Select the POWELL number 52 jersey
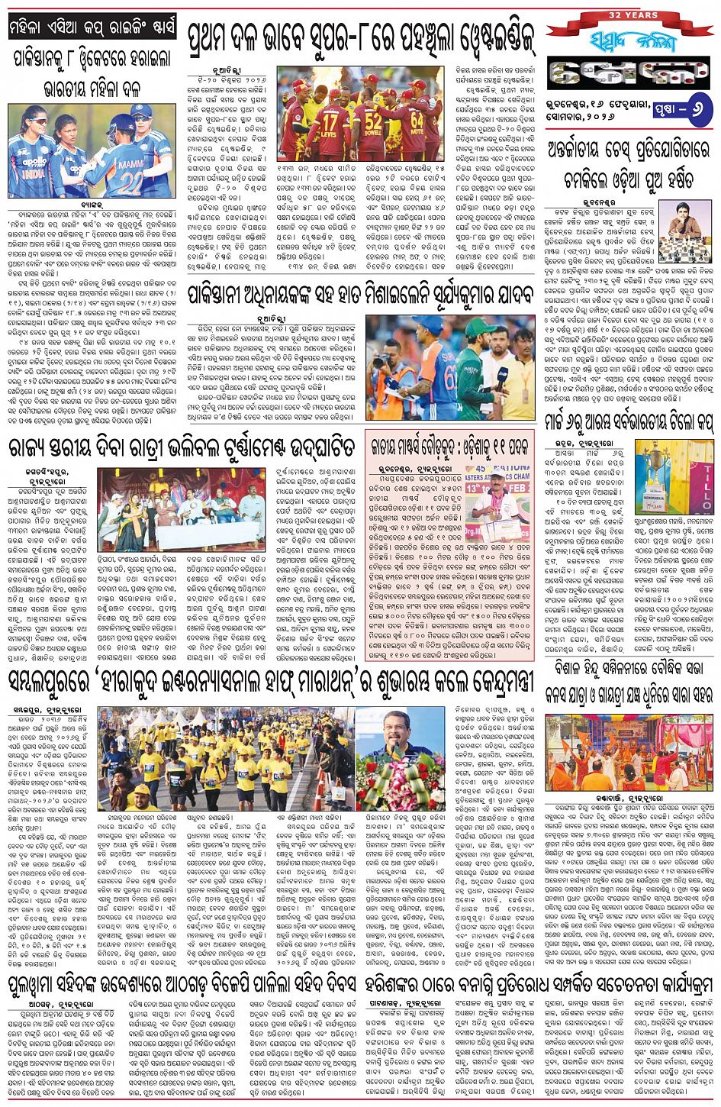point(373,124)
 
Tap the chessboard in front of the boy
point(676,251)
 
